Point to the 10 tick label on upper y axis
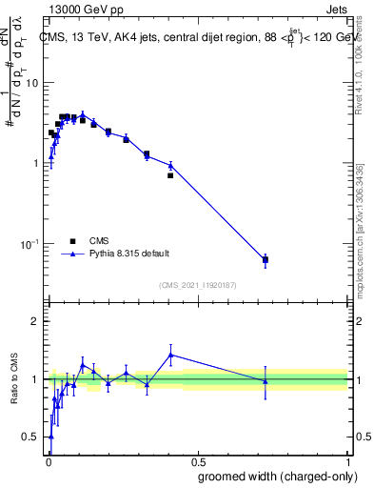pyautogui.click(x=31, y=82)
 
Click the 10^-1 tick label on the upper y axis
pyautogui.click(x=30, y=244)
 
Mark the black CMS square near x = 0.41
pyautogui.click(x=170, y=175)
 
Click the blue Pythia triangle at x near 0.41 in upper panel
pyautogui.click(x=170, y=166)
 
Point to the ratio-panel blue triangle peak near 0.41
pyautogui.click(x=170, y=355)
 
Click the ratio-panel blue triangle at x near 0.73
pyautogui.click(x=266, y=381)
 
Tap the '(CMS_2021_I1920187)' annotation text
pyautogui.click(x=197, y=285)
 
